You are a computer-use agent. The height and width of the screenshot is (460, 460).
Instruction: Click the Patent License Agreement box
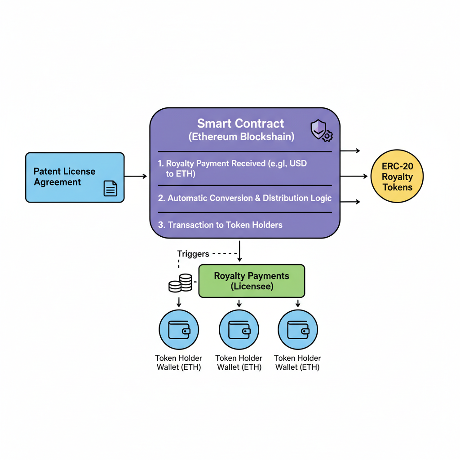tap(75, 177)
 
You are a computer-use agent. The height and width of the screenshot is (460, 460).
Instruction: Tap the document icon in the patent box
tap(110, 188)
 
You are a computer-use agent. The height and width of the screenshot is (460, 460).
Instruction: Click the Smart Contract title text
tap(241, 124)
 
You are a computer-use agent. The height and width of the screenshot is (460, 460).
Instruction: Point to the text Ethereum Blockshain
tap(241, 137)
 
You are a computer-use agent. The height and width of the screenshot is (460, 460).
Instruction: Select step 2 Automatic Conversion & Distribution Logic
tap(245, 198)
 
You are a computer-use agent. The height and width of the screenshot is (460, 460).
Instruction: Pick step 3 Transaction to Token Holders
tap(220, 225)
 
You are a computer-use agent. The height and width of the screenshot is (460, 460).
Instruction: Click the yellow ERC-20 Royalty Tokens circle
tap(397, 177)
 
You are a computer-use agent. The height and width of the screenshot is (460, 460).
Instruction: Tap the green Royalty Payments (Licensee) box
tap(252, 281)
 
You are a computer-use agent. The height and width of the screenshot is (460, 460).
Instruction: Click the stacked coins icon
tap(180, 283)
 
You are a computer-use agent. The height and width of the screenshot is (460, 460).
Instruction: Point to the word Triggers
tap(193, 254)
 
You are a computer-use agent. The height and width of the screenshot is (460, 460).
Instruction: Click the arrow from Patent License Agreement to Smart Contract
tap(136, 177)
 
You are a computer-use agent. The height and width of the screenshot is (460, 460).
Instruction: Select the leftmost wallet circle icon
tap(179, 330)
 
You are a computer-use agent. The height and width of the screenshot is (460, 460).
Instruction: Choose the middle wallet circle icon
tap(239, 330)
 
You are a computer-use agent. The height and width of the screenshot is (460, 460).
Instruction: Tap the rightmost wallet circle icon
tap(298, 330)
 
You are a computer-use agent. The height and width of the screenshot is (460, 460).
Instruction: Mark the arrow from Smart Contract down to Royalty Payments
tap(239, 252)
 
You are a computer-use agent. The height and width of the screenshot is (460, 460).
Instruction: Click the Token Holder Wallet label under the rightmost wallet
tap(297, 363)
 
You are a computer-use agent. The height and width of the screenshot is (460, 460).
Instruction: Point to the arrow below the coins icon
tap(179, 301)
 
